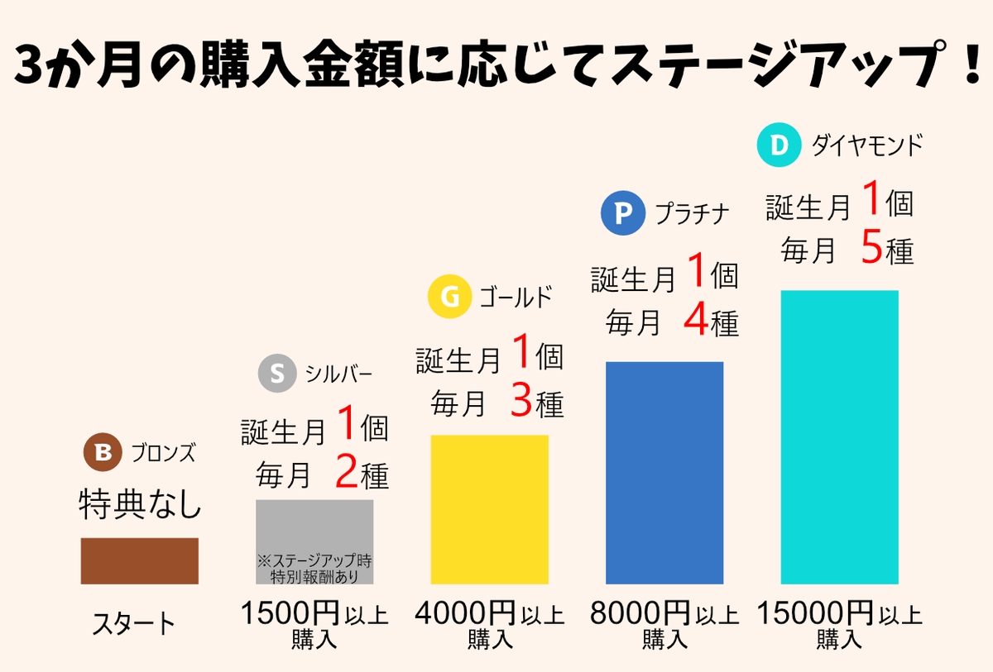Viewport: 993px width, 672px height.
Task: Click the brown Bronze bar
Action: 139,560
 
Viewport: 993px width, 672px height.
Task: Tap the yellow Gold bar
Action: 489,509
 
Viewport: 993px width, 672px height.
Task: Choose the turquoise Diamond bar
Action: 839,436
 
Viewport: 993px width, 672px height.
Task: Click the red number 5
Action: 872,249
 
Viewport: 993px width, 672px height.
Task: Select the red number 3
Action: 521,403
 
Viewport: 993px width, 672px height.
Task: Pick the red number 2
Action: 347,474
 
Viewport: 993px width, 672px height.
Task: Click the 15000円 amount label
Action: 815,614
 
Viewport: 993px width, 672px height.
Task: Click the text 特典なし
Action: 140,504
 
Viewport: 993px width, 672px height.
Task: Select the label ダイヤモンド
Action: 866,146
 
